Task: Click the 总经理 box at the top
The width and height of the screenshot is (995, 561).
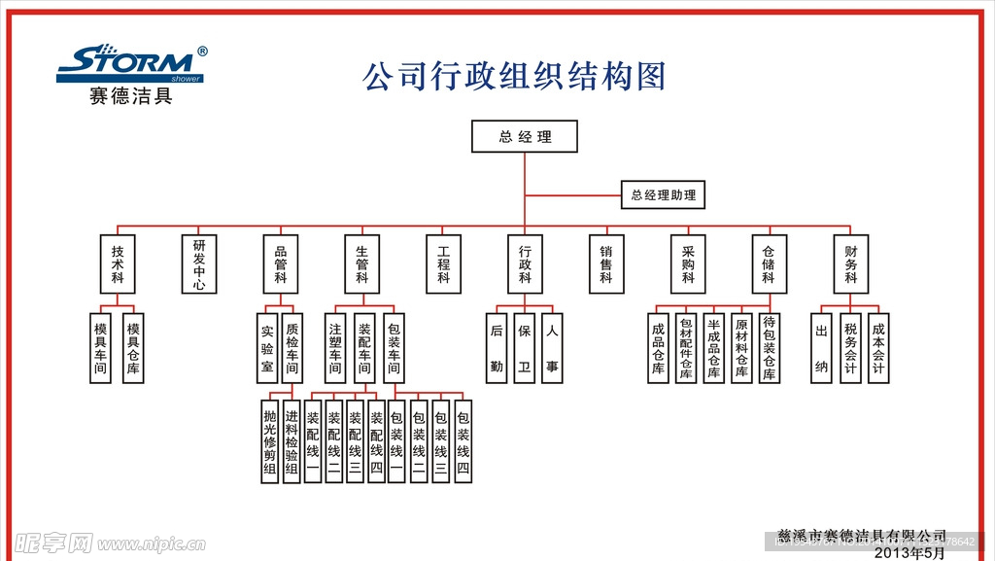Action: pos(525,136)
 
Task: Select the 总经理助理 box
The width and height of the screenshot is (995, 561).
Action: pos(664,195)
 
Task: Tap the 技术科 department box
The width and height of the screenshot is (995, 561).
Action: pos(118,263)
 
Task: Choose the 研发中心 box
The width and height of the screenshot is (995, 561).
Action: pos(199,263)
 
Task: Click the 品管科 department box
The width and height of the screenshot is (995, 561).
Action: pos(281,263)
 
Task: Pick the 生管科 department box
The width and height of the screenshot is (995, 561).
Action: pos(361,263)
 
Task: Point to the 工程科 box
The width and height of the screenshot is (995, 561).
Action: pos(444,263)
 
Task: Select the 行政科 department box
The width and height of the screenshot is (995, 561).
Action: pos(525,263)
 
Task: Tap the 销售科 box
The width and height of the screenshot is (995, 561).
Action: pos(606,263)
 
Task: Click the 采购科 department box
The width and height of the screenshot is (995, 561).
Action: pos(688,263)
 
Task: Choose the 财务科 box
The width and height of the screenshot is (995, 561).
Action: pos(851,263)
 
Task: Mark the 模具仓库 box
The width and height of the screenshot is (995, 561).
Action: pos(133,347)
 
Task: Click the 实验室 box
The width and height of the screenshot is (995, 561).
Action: pos(267,347)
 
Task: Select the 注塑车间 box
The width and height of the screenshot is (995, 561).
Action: pos(336,347)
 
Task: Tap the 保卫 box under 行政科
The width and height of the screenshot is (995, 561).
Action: pos(525,347)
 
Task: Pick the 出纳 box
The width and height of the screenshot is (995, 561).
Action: pos(821,347)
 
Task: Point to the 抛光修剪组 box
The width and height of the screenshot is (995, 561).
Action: pos(270,441)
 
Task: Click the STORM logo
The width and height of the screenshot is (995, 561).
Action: pos(131,64)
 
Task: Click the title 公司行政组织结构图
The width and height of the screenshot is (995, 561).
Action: pos(514,76)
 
